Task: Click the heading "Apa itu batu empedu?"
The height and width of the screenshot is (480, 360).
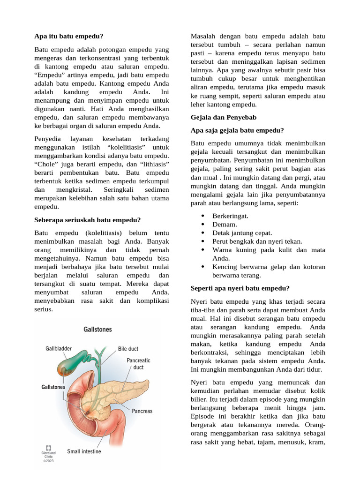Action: pyautogui.click(x=69, y=36)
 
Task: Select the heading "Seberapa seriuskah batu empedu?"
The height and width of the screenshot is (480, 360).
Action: pyautogui.click(x=88, y=220)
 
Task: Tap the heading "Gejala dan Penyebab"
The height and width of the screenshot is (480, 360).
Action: pyautogui.click(x=224, y=117)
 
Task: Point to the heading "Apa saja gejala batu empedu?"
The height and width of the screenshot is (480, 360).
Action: pyautogui.click(x=238, y=130)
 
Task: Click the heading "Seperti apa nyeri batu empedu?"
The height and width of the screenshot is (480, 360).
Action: pyautogui.click(x=240, y=288)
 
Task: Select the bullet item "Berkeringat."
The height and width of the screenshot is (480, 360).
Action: pyautogui.click(x=230, y=216)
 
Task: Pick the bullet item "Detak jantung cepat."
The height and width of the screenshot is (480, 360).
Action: pyautogui.click(x=242, y=232)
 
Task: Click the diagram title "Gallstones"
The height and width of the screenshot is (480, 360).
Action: pyautogui.click(x=97, y=330)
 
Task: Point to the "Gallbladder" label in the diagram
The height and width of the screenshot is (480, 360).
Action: pyautogui.click(x=59, y=349)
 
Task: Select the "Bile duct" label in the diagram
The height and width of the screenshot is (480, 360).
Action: pyautogui.click(x=128, y=349)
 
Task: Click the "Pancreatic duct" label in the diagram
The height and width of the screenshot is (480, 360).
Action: pyautogui.click(x=138, y=364)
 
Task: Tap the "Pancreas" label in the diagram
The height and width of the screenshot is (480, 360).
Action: pyautogui.click(x=142, y=411)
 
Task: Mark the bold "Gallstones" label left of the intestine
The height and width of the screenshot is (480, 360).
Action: pyautogui.click(x=53, y=388)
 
